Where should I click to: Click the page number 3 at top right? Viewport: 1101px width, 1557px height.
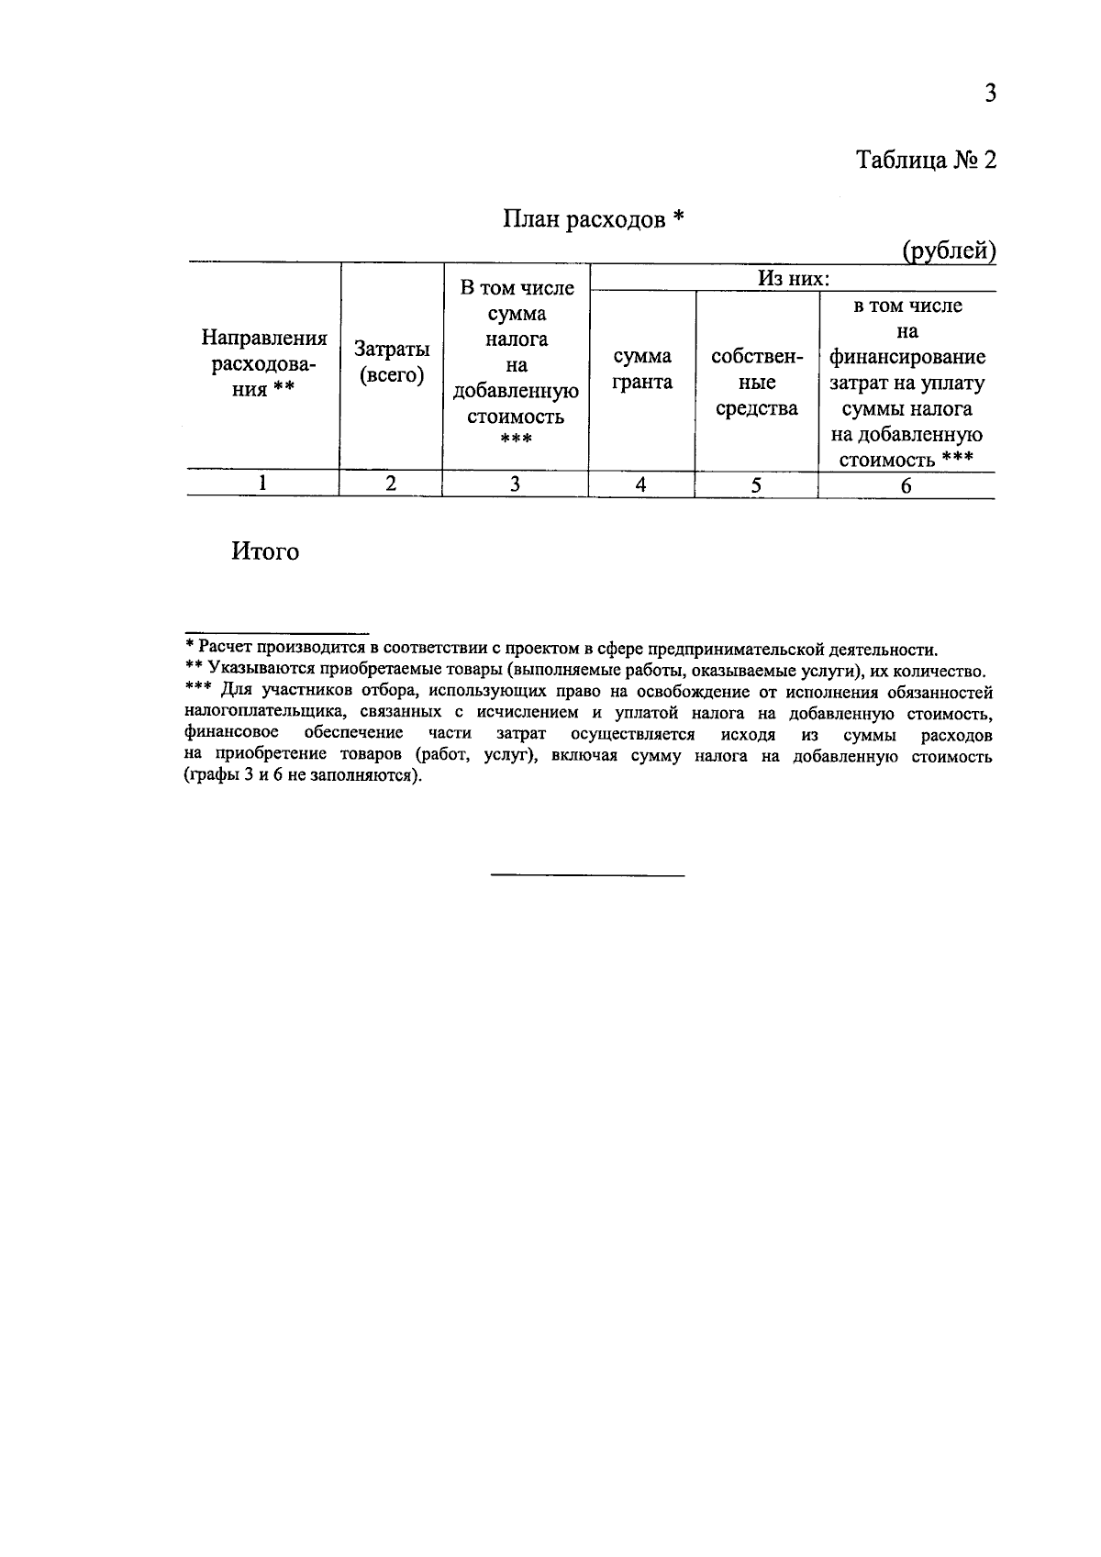[x=989, y=94]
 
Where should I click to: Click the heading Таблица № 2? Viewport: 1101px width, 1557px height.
[x=925, y=161]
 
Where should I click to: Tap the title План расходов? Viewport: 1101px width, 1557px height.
[x=593, y=219]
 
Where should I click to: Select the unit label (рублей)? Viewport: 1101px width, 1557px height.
[x=948, y=250]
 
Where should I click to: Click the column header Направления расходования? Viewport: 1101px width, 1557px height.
[x=263, y=363]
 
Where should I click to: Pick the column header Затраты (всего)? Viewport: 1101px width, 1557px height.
[x=392, y=362]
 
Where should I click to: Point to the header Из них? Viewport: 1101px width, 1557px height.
[x=794, y=278]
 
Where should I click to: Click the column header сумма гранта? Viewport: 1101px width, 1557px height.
[x=641, y=369]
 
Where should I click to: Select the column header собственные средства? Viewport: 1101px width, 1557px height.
[x=756, y=382]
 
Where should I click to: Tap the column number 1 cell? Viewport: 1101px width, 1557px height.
[x=263, y=484]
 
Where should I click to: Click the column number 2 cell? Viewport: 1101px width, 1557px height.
[x=391, y=484]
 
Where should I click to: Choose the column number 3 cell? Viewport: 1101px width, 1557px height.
[x=515, y=484]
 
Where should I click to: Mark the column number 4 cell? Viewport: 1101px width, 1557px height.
[x=640, y=485]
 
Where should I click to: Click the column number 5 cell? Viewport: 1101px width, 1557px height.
[x=756, y=486]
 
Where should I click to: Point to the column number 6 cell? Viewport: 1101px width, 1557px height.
[x=906, y=486]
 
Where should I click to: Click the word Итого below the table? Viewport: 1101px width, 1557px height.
[x=265, y=552]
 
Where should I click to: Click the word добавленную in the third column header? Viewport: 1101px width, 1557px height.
[x=516, y=392]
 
